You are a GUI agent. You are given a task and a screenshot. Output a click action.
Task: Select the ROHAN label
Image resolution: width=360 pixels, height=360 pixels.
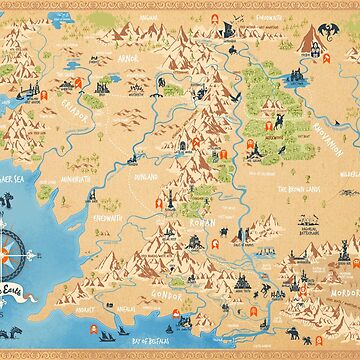192,228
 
